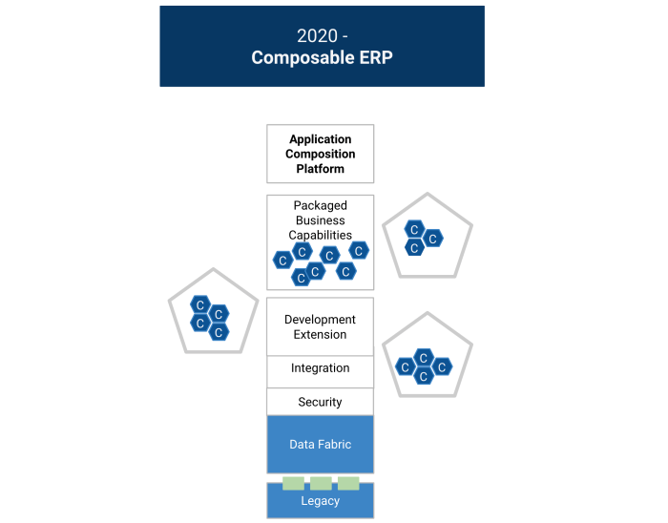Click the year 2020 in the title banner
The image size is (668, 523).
pos(317,36)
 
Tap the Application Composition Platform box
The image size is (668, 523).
pos(320,154)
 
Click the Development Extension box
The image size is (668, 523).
pos(320,327)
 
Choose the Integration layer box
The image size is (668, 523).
pos(320,368)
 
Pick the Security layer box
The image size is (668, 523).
pos(320,402)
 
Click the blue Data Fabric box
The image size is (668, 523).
pos(320,445)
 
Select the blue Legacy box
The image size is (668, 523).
pos(320,501)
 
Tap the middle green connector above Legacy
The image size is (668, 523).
pos(321,483)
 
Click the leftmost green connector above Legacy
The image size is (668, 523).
pos(293,483)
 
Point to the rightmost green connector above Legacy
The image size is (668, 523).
pos(348,483)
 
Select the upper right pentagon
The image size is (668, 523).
pos(427,237)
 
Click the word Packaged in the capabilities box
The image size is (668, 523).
pos(320,206)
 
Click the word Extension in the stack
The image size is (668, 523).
pos(320,335)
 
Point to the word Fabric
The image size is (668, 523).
pos(334,445)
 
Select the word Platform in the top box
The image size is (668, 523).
pos(320,169)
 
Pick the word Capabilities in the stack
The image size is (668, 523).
pos(320,235)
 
